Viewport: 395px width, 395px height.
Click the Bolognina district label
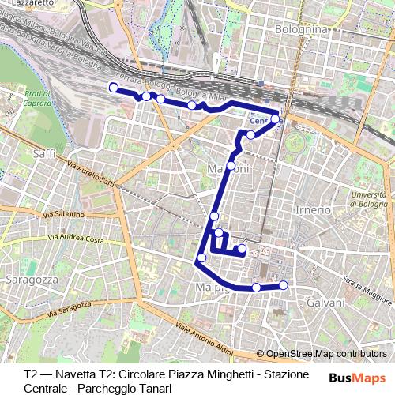[301, 29]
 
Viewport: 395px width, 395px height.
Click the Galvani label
[325, 303]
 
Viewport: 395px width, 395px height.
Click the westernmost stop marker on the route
[113, 87]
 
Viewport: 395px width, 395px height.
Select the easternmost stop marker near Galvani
[284, 285]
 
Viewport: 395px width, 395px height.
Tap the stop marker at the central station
[276, 120]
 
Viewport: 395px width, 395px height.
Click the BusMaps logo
[357, 376]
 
